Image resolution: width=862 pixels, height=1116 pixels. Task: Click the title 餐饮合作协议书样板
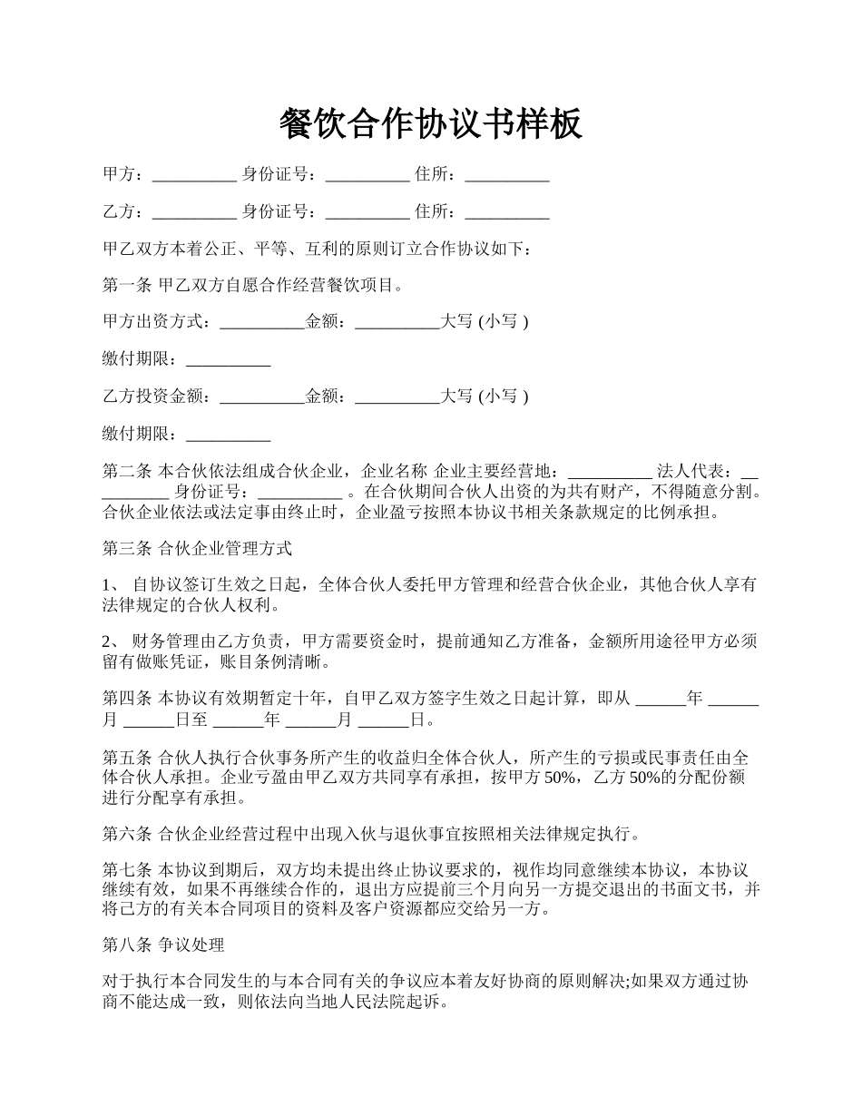(x=430, y=124)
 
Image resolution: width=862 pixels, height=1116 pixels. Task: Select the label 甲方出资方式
(x=155, y=321)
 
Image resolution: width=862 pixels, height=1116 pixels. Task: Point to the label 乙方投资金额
(x=155, y=396)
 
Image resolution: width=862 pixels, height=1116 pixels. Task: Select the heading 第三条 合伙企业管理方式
(x=197, y=549)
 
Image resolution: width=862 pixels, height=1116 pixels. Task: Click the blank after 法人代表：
(x=749, y=473)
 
